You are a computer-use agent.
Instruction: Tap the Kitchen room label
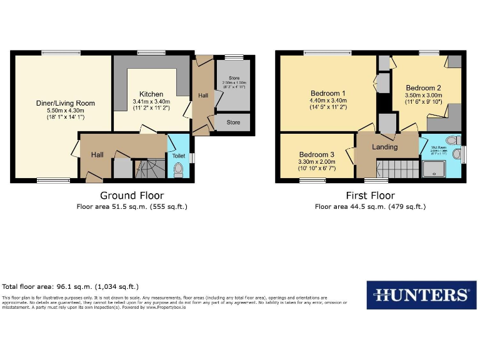(x=151, y=94)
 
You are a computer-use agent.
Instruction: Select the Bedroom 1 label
(x=327, y=94)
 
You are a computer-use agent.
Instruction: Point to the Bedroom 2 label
(x=423, y=87)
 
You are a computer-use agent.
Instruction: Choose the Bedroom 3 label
(x=316, y=154)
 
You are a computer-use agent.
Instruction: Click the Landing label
(x=384, y=147)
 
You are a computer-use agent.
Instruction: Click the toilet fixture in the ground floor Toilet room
(x=179, y=169)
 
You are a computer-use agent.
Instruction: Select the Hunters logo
(x=417, y=294)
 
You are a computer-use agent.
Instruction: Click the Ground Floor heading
(x=131, y=195)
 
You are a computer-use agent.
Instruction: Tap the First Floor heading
(x=370, y=195)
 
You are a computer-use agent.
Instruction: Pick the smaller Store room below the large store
(x=234, y=122)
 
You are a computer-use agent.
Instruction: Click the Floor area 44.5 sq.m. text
(x=370, y=206)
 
